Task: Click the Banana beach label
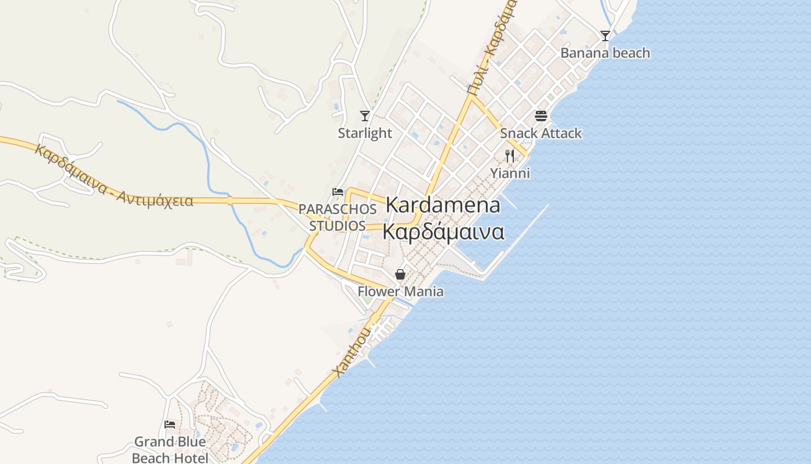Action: (605, 53)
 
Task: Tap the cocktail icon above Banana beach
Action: (605, 35)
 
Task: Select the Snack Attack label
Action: (540, 133)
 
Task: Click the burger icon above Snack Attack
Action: (541, 115)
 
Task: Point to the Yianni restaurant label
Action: (510, 173)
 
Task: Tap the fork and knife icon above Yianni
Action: (510, 155)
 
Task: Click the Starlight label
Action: (365, 133)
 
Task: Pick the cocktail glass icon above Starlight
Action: (365, 115)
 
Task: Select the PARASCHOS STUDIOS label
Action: (333, 217)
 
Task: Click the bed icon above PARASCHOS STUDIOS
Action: (337, 191)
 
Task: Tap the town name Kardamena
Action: (443, 205)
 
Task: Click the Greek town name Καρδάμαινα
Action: (443, 231)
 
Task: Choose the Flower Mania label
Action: (400, 291)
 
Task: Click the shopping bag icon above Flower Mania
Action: (400, 274)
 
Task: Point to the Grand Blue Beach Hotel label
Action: (170, 449)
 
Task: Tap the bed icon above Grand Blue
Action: (170, 425)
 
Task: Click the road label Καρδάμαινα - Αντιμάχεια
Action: (114, 176)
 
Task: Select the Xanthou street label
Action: (352, 351)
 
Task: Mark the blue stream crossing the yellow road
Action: (231, 201)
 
